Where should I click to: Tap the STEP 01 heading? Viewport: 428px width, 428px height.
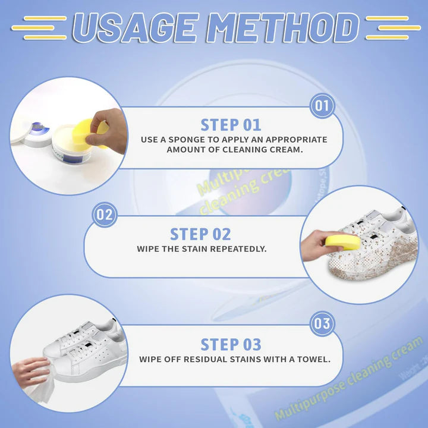[231, 125]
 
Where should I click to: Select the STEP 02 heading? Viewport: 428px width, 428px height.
[200, 234]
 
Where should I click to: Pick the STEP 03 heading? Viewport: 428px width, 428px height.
[231, 344]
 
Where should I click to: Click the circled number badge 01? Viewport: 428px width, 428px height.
[322, 106]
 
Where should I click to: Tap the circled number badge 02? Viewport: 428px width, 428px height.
[105, 215]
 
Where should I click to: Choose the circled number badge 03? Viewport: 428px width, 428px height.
[322, 324]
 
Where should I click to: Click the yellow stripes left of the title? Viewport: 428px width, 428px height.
[39, 28]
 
